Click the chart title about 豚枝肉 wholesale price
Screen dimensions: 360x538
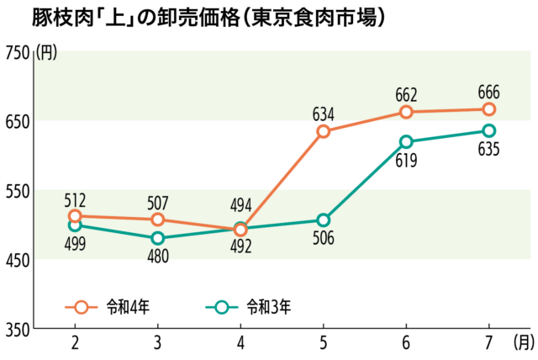(198, 17)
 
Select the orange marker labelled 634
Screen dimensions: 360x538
(324, 131)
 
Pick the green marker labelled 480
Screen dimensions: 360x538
(158, 238)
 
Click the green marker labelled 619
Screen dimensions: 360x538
(406, 142)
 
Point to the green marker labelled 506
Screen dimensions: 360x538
(324, 220)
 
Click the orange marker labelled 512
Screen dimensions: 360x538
(76, 216)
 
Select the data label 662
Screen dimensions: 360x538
(406, 94)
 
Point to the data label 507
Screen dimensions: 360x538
(158, 202)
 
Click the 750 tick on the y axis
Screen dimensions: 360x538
(17, 52)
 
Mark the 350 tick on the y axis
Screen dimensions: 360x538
(17, 328)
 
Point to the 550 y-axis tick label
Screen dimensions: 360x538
(17, 190)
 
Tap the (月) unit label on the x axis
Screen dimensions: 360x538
(524, 342)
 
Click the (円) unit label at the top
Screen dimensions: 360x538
(47, 53)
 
